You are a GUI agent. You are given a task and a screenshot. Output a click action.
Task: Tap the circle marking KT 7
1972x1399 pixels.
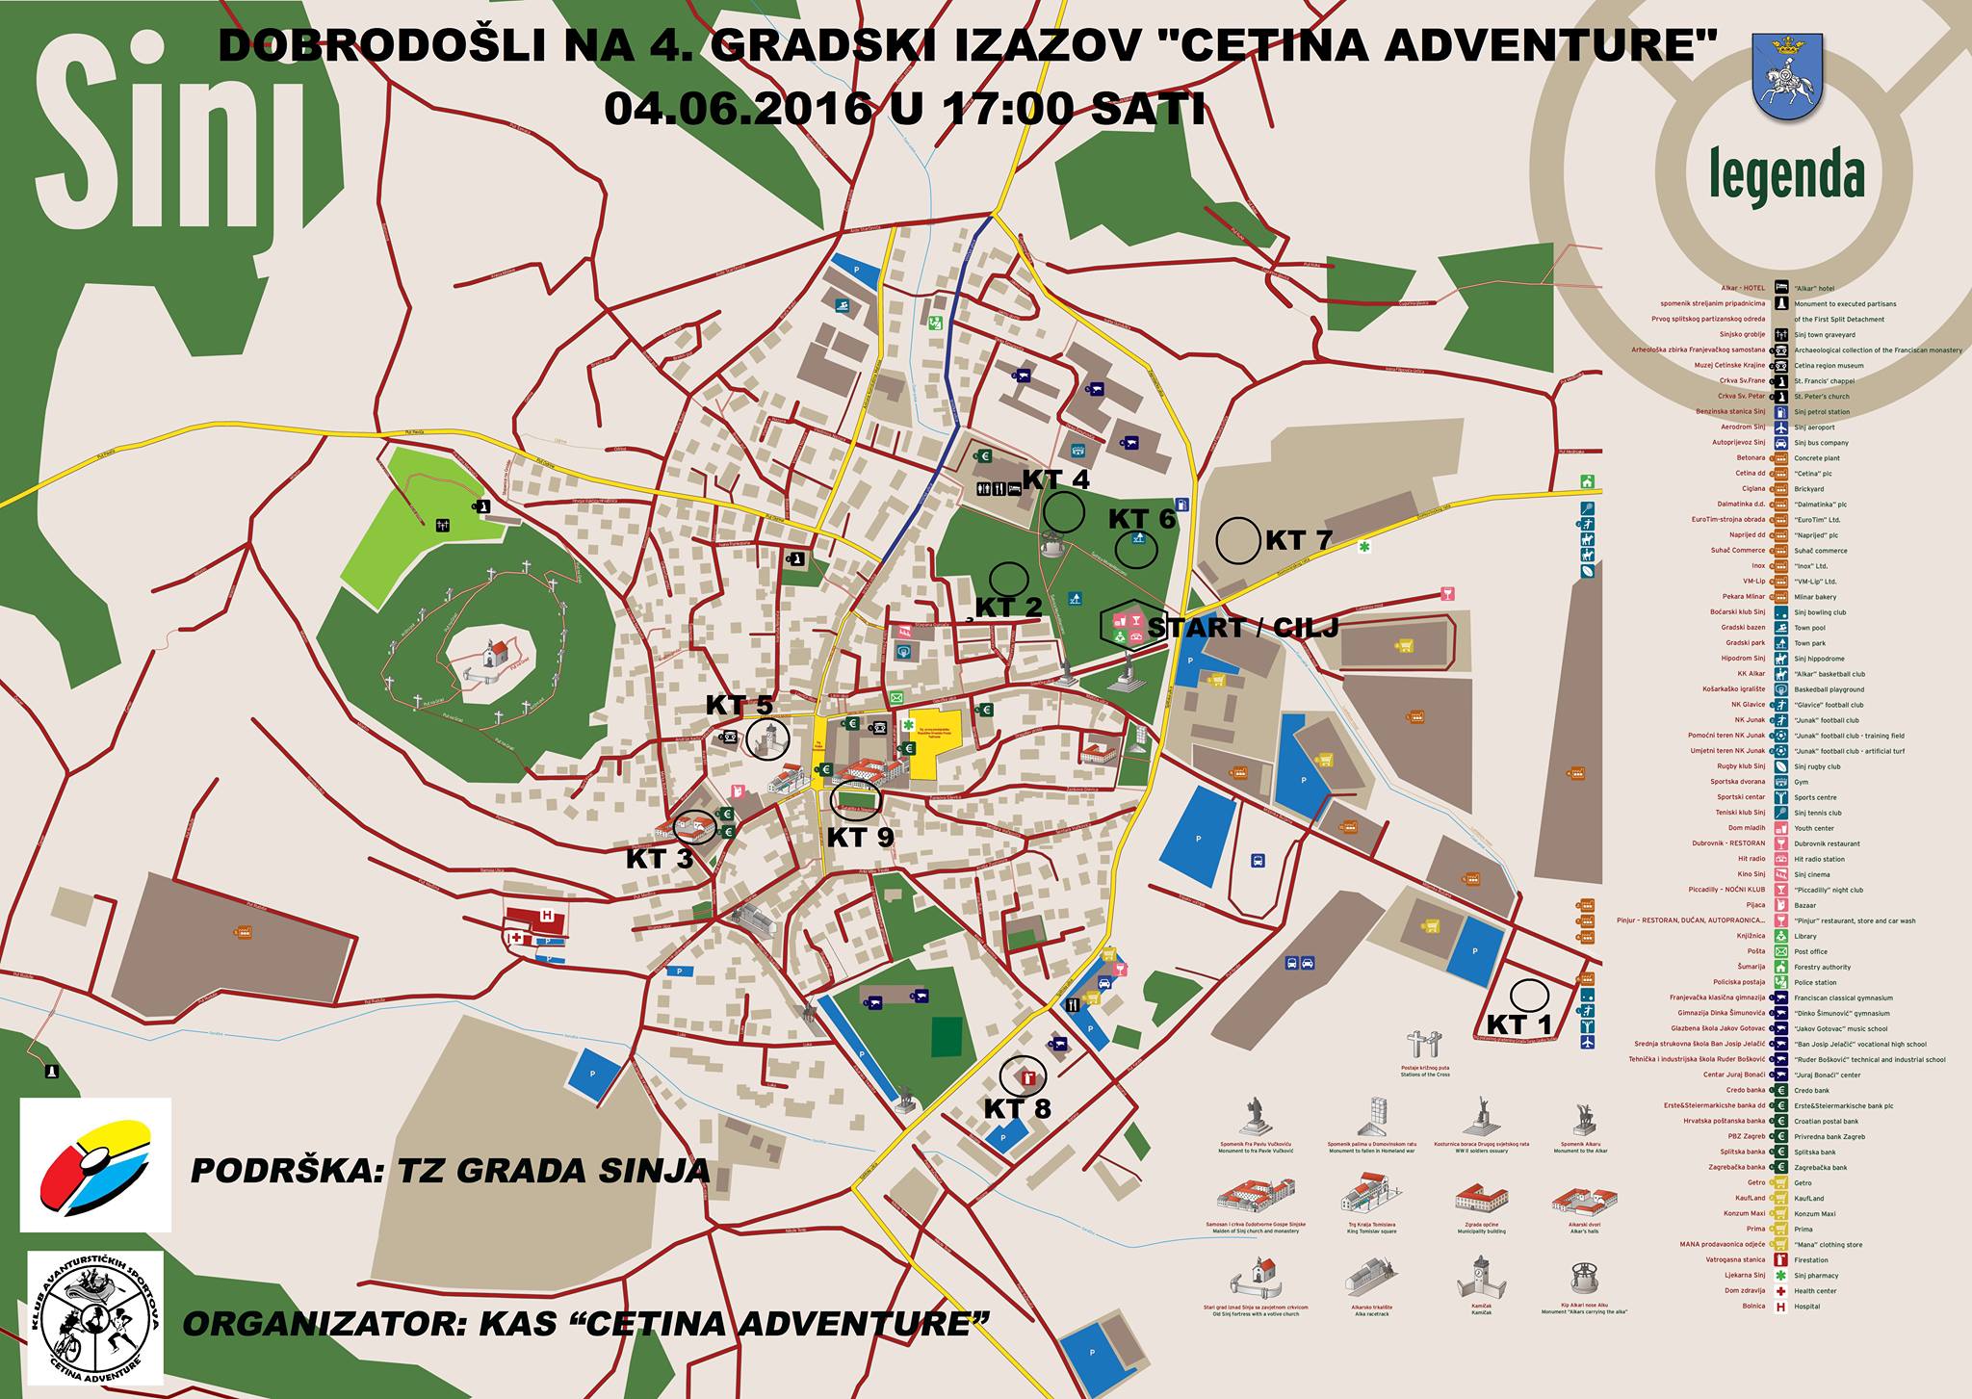point(1238,540)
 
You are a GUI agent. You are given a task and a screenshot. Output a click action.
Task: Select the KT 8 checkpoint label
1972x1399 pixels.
point(1017,1109)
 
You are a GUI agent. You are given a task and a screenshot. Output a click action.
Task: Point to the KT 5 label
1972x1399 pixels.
point(739,705)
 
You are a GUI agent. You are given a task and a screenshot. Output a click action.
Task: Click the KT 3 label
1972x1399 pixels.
point(660,859)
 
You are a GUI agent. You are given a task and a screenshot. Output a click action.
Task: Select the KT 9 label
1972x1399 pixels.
point(860,837)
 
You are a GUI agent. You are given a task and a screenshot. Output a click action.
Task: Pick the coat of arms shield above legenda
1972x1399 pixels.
point(1787,78)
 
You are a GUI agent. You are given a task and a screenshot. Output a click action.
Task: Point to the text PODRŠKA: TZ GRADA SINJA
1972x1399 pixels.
point(450,1171)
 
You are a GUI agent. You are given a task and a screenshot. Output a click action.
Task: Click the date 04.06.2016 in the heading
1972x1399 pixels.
point(737,109)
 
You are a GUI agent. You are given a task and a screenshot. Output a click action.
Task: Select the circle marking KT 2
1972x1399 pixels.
point(1010,579)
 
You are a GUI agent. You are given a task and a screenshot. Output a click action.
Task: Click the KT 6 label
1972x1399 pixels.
point(1142,519)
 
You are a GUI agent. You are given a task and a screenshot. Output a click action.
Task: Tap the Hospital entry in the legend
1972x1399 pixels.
point(1806,1307)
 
